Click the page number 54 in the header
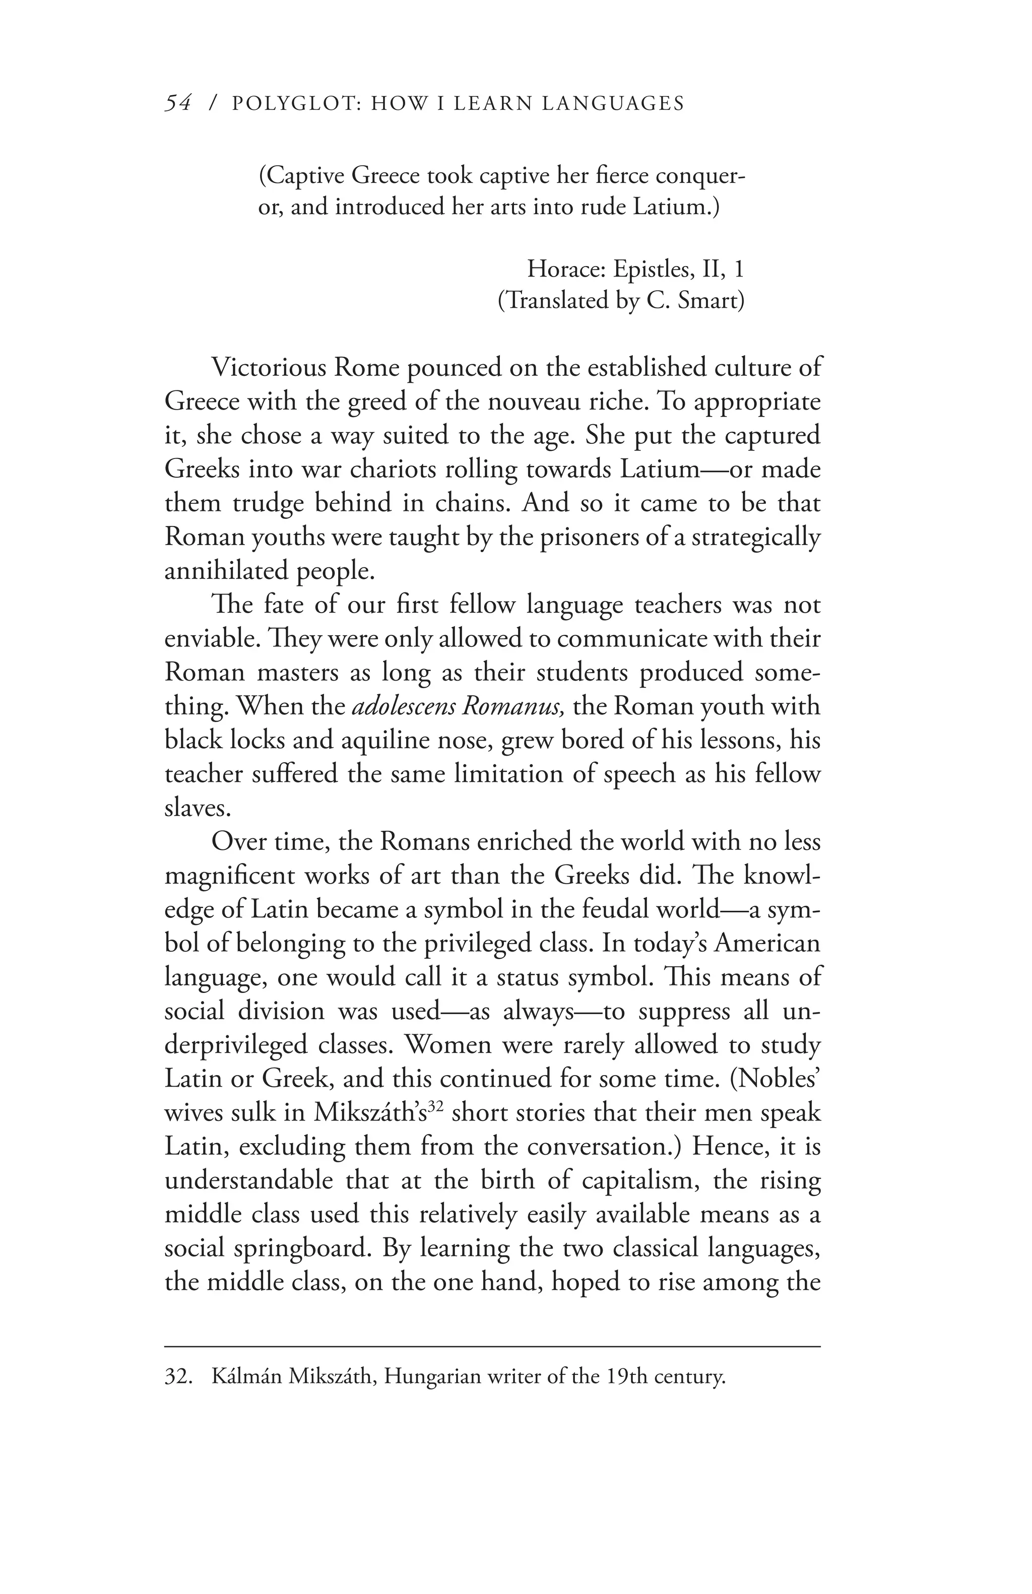[x=179, y=103]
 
